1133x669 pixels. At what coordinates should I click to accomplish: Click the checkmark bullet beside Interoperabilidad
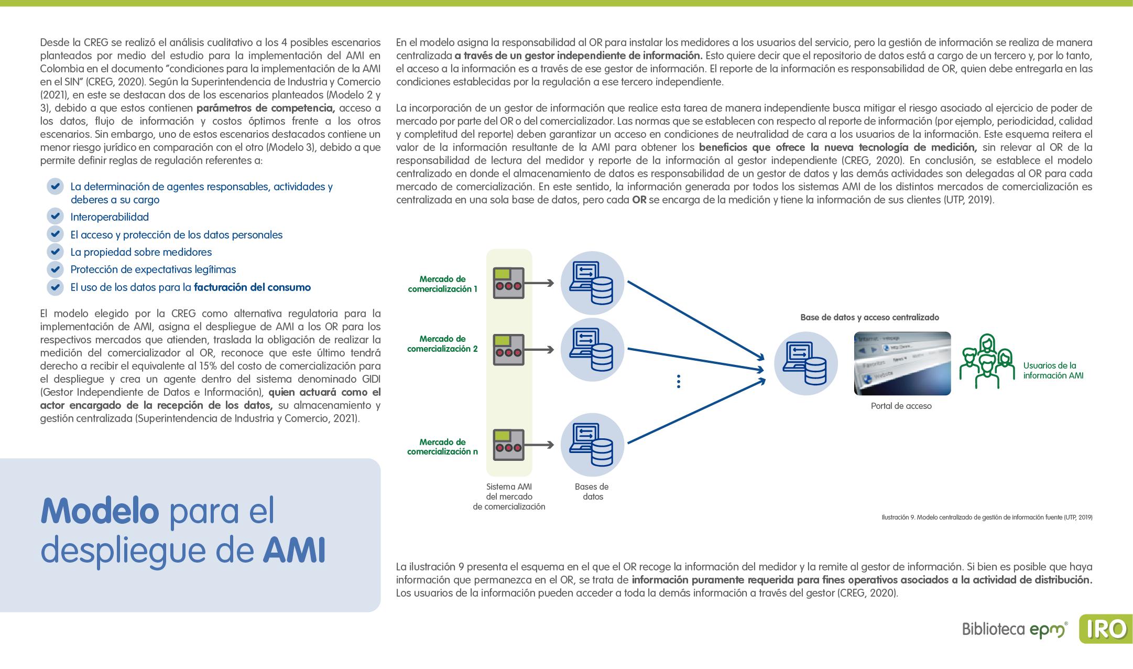(55, 216)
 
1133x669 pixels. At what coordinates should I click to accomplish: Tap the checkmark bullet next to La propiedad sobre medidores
(55, 252)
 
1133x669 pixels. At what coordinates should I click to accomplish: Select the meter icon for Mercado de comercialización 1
(508, 283)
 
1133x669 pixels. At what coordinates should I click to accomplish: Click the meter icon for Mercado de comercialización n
(508, 445)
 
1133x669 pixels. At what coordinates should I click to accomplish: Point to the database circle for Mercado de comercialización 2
(592, 350)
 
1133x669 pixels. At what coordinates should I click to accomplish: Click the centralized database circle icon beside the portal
(805, 363)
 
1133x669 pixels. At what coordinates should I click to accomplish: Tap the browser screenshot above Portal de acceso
(902, 363)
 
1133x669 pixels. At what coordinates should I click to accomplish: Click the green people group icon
(986, 361)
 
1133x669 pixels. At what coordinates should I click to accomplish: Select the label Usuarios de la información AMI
(1053, 371)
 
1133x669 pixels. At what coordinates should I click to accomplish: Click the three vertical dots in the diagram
(679, 381)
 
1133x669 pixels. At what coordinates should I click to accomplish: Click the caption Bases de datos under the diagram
(592, 492)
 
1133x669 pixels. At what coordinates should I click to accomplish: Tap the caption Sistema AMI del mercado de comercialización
(509, 497)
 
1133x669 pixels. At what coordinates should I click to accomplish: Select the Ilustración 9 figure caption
(987, 517)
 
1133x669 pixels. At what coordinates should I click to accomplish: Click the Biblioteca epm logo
(1015, 629)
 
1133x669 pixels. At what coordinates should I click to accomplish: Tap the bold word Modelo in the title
(100, 511)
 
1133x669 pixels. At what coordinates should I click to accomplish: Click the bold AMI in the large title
(294, 550)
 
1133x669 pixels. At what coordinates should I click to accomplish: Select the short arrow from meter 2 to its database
(539, 350)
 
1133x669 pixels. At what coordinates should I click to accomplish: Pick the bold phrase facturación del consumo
(252, 287)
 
